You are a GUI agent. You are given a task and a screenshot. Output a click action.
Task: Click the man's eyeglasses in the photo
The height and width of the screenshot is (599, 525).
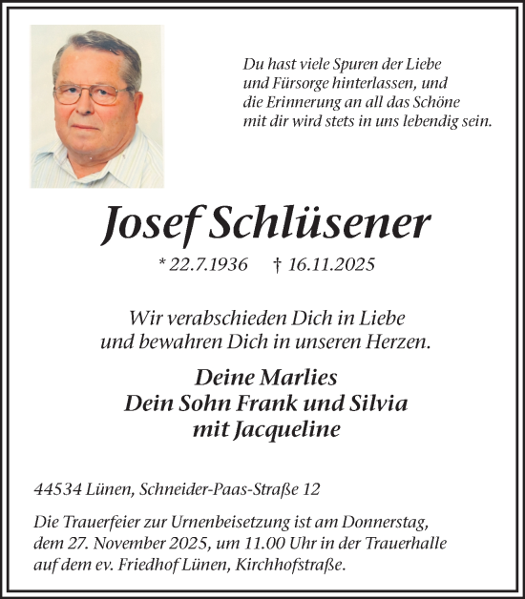[x=92, y=93]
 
